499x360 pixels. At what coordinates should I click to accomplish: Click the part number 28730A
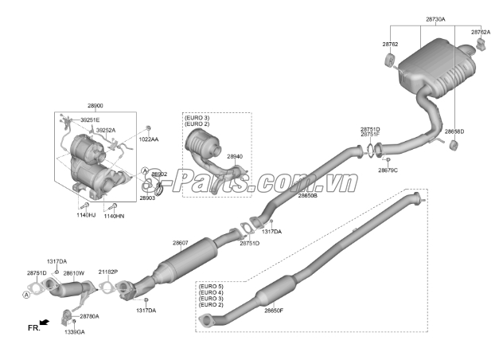[x=435, y=18]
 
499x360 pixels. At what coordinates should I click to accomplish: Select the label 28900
[x=94, y=105]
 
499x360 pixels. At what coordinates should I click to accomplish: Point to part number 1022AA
[x=149, y=139]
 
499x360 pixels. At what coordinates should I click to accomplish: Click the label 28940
[x=234, y=158]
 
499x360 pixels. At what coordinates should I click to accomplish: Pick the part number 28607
[x=181, y=243]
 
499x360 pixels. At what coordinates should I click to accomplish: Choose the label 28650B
[x=308, y=195]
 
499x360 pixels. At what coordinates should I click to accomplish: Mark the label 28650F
[x=274, y=311]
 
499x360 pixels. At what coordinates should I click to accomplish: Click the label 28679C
[x=388, y=170]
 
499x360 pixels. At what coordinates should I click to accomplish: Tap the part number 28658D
[x=454, y=131]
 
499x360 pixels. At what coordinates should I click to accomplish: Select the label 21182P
[x=108, y=272]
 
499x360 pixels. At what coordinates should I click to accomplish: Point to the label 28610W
[x=74, y=273]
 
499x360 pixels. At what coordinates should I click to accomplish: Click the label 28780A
[x=89, y=316]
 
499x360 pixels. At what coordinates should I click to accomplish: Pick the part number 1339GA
[x=76, y=331]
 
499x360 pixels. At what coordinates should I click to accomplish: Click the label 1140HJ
[x=86, y=216]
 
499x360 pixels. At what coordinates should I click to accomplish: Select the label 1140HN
[x=114, y=216]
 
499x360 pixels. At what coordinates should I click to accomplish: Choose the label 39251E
[x=90, y=119]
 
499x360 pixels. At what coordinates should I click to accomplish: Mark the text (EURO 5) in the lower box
[x=211, y=286]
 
